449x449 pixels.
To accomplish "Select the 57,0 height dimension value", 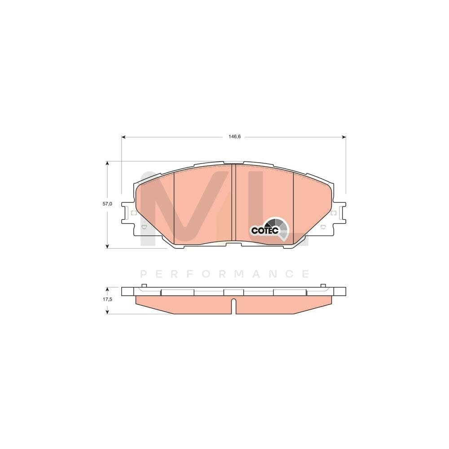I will point(107,204).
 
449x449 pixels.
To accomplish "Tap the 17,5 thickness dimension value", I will point(107,299).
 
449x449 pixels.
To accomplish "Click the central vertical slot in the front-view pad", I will point(233,204).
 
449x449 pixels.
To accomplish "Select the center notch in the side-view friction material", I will point(233,305).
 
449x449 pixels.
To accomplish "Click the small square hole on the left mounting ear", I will point(133,213).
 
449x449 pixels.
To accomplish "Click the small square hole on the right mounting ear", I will point(333,213).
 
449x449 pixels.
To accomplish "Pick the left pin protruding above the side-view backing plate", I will point(143,286).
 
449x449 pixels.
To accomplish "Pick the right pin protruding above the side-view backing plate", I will point(323,286).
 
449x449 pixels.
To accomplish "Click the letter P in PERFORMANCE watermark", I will point(144,273).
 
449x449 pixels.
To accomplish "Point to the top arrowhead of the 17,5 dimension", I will point(107,289).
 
